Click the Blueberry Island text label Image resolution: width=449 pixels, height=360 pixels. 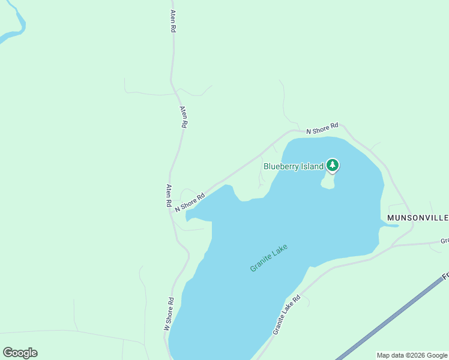pos(294,166)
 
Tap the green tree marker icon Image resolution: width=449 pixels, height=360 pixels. pos(333,165)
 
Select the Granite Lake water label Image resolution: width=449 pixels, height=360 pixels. pos(269,258)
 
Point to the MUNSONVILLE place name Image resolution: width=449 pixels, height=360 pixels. pos(418,217)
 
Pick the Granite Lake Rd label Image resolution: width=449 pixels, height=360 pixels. pos(286,315)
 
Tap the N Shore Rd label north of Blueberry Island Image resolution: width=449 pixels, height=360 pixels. pos(322,128)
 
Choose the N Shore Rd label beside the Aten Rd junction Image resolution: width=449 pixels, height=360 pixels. pos(190,202)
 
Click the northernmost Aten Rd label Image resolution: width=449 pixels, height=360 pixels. pos(173,21)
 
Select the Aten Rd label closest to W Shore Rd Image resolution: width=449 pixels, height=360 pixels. pos(169,196)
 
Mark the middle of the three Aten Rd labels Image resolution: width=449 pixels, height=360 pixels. pos(184,118)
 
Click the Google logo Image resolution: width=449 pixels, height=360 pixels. pos(20,353)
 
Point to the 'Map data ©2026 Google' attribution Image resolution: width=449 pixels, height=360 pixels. pos(412,355)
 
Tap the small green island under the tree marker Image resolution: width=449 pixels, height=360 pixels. pos(328,182)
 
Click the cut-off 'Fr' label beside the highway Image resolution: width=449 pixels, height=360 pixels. pos(445,277)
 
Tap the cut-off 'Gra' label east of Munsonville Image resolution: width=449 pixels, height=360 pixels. pos(445,241)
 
